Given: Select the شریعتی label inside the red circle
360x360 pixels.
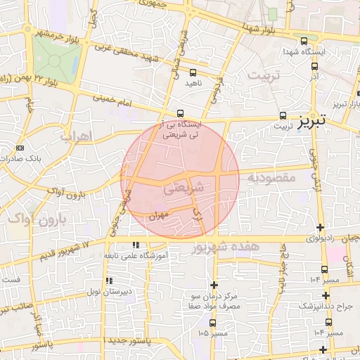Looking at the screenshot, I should (186, 188).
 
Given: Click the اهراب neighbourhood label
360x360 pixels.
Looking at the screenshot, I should (77, 137).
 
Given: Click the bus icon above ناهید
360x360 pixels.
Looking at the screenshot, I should (193, 71).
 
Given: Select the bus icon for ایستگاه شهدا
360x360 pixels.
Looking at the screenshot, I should (304, 41).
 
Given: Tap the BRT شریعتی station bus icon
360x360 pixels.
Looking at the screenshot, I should (181, 112).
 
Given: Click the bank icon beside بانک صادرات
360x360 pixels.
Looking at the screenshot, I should (19, 148).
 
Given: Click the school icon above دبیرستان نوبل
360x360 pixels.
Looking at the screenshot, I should (109, 281).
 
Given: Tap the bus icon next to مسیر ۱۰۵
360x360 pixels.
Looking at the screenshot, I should (212, 323).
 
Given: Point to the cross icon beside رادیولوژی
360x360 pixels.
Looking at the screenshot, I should (321, 226).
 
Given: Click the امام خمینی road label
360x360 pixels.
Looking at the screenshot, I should (127, 101).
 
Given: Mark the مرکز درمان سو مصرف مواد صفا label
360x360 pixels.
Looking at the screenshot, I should (210, 301).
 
